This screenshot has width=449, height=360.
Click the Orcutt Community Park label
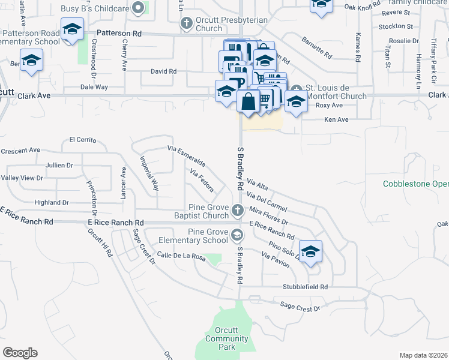[226, 339]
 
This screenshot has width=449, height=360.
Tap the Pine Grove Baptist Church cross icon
[238, 210]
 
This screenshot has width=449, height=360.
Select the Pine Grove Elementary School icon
[238, 234]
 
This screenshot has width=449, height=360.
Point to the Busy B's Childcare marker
[139, 8]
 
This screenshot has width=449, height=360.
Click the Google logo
[20, 353]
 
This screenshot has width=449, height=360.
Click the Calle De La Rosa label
[181, 257]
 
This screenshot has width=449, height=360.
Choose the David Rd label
[163, 71]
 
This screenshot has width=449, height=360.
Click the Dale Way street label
[94, 87]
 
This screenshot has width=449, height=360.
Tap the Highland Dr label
[53, 203]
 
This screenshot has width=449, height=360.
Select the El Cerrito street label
[83, 140]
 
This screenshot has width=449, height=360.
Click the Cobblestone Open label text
[416, 184]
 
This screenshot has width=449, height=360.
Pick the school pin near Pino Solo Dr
[310, 251]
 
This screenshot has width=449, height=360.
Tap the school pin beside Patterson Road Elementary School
[73, 29]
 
